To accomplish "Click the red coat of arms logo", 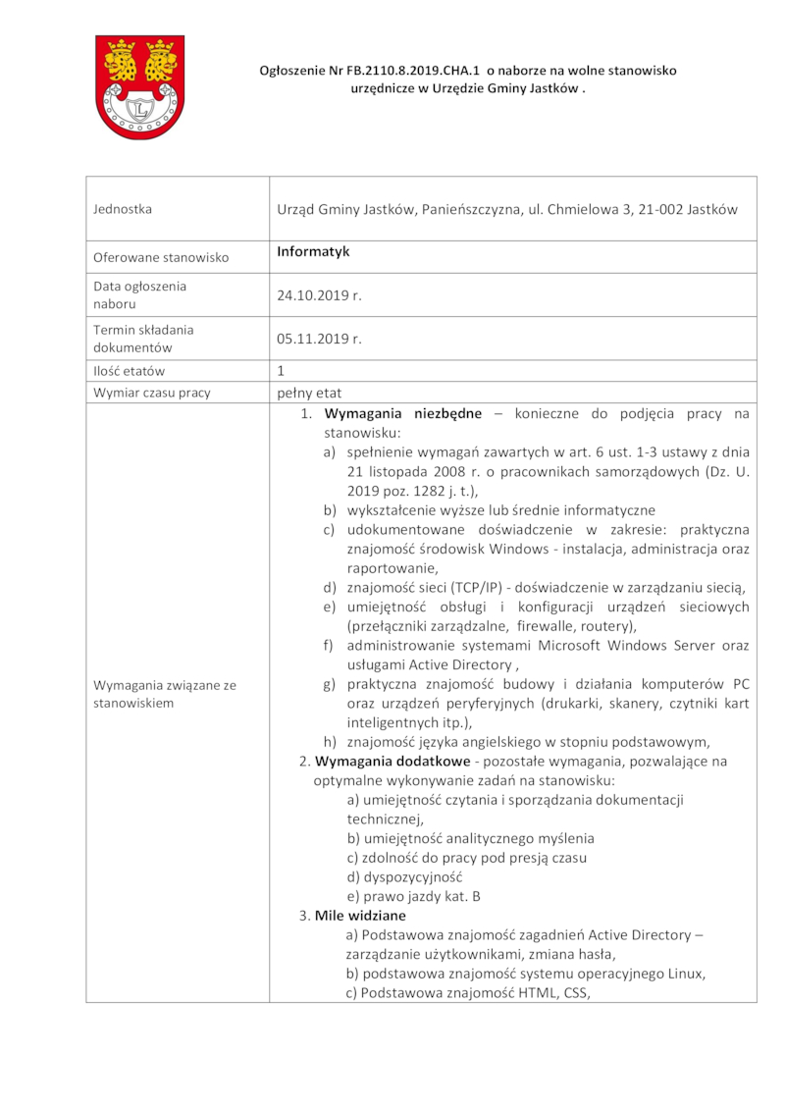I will click(x=138, y=86).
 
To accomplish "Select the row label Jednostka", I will click(x=123, y=209).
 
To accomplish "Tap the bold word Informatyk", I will click(x=313, y=252).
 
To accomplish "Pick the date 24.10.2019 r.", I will click(x=320, y=294).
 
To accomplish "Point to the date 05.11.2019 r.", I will click(x=320, y=339).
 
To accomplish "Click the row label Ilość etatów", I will click(x=130, y=371).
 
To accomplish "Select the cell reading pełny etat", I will click(x=309, y=393).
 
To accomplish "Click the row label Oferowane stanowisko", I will click(x=161, y=257).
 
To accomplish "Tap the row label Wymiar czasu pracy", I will click(x=151, y=393).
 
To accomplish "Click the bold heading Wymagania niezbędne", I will click(x=402, y=413).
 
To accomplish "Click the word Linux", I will click(x=684, y=974).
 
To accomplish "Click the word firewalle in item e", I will click(x=550, y=626).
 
